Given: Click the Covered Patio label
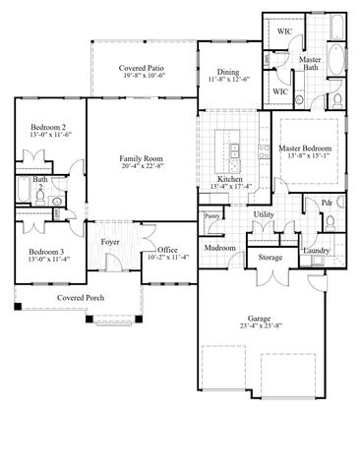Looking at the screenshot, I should tap(142, 68).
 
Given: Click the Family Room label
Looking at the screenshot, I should tap(142, 158).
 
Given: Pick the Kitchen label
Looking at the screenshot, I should tap(230, 181).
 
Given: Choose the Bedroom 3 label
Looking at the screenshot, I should tap(47, 253).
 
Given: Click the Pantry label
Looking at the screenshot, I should tap(211, 215).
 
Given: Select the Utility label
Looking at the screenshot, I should tap(264, 213).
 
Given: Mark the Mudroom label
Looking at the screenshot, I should tap(219, 248).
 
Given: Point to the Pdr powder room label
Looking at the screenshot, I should tap(327, 203).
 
